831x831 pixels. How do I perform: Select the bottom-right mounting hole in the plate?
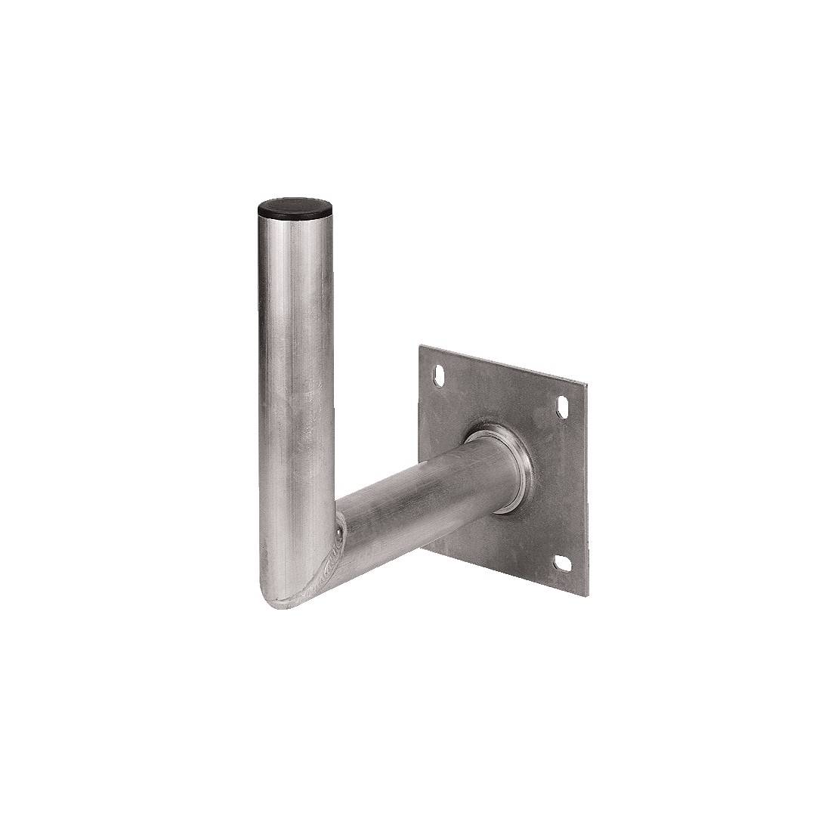563,563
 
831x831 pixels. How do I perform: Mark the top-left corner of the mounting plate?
420,348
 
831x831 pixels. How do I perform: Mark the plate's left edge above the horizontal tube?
419,408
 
